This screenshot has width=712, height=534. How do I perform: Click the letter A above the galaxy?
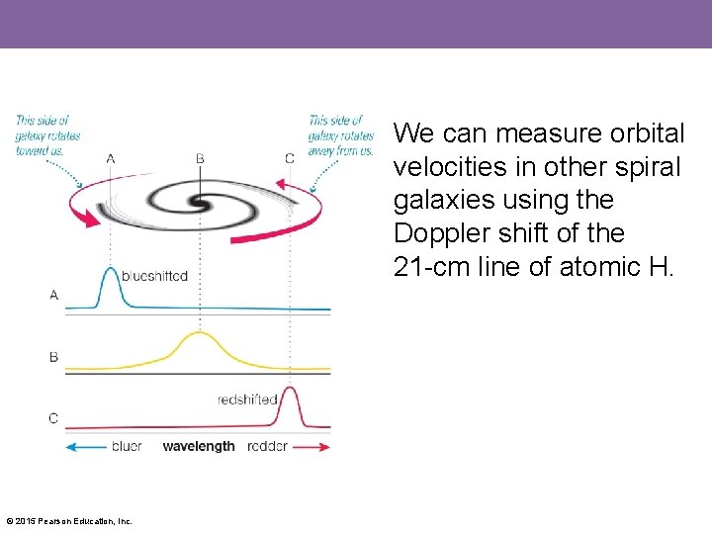point(110,158)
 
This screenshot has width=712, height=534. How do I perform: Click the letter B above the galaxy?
point(200,158)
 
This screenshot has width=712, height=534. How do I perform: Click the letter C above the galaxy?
point(289,158)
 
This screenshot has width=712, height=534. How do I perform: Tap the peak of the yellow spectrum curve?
point(200,333)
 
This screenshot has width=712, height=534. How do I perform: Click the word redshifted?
point(246,400)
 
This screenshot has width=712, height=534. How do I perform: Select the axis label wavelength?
point(199,446)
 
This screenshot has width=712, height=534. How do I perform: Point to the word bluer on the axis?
point(127,446)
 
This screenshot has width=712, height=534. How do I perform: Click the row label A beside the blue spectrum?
point(53,295)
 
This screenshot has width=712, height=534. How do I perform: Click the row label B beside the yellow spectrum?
point(53,356)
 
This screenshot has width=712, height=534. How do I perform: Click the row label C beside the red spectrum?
point(53,418)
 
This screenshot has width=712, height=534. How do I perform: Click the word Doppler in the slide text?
point(448,233)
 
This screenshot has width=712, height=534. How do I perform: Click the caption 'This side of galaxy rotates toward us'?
point(47,135)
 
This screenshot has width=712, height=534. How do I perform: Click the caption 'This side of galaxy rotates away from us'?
point(340,135)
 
